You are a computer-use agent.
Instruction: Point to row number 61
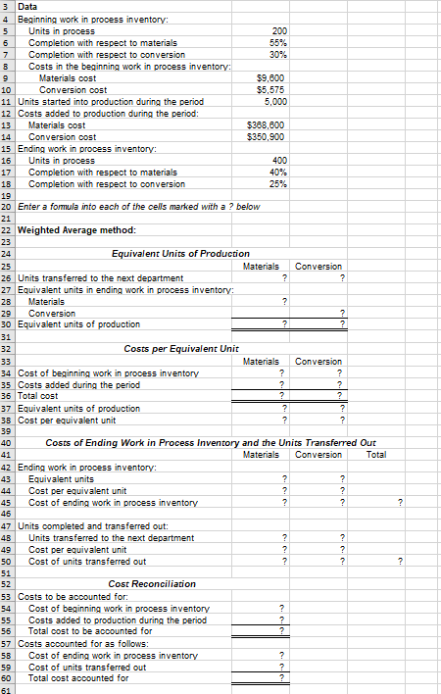pyautogui.click(x=7, y=689)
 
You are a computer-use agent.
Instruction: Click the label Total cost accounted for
pyautogui.click(x=78, y=677)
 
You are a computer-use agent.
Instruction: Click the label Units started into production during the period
pyautogui.click(x=110, y=101)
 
